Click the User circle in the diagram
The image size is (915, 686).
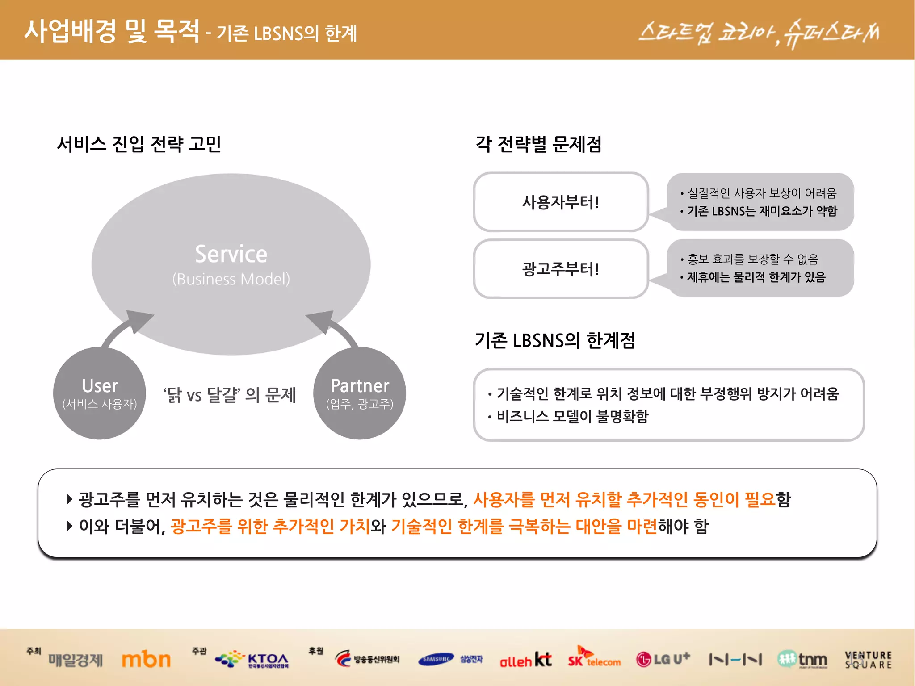[x=99, y=393]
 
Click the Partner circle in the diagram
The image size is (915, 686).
[x=360, y=393]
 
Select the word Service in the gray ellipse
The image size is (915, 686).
[x=231, y=254]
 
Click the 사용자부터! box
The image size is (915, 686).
[x=561, y=202]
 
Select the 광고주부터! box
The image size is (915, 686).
[x=561, y=269]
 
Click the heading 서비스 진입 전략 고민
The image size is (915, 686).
[x=139, y=144]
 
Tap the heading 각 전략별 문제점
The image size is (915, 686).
[x=538, y=144]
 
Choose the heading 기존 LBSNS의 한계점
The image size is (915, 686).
[x=554, y=340]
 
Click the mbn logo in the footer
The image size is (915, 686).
[x=146, y=660]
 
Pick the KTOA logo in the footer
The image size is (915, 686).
[x=253, y=659]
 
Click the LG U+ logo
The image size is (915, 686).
[x=663, y=659]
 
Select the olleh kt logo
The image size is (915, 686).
[x=525, y=660]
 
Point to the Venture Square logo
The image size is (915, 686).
[x=868, y=660]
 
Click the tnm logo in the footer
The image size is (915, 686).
[x=802, y=659]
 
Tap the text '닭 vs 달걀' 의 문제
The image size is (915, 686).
[x=229, y=395]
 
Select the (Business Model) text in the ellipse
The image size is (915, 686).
[x=231, y=279]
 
